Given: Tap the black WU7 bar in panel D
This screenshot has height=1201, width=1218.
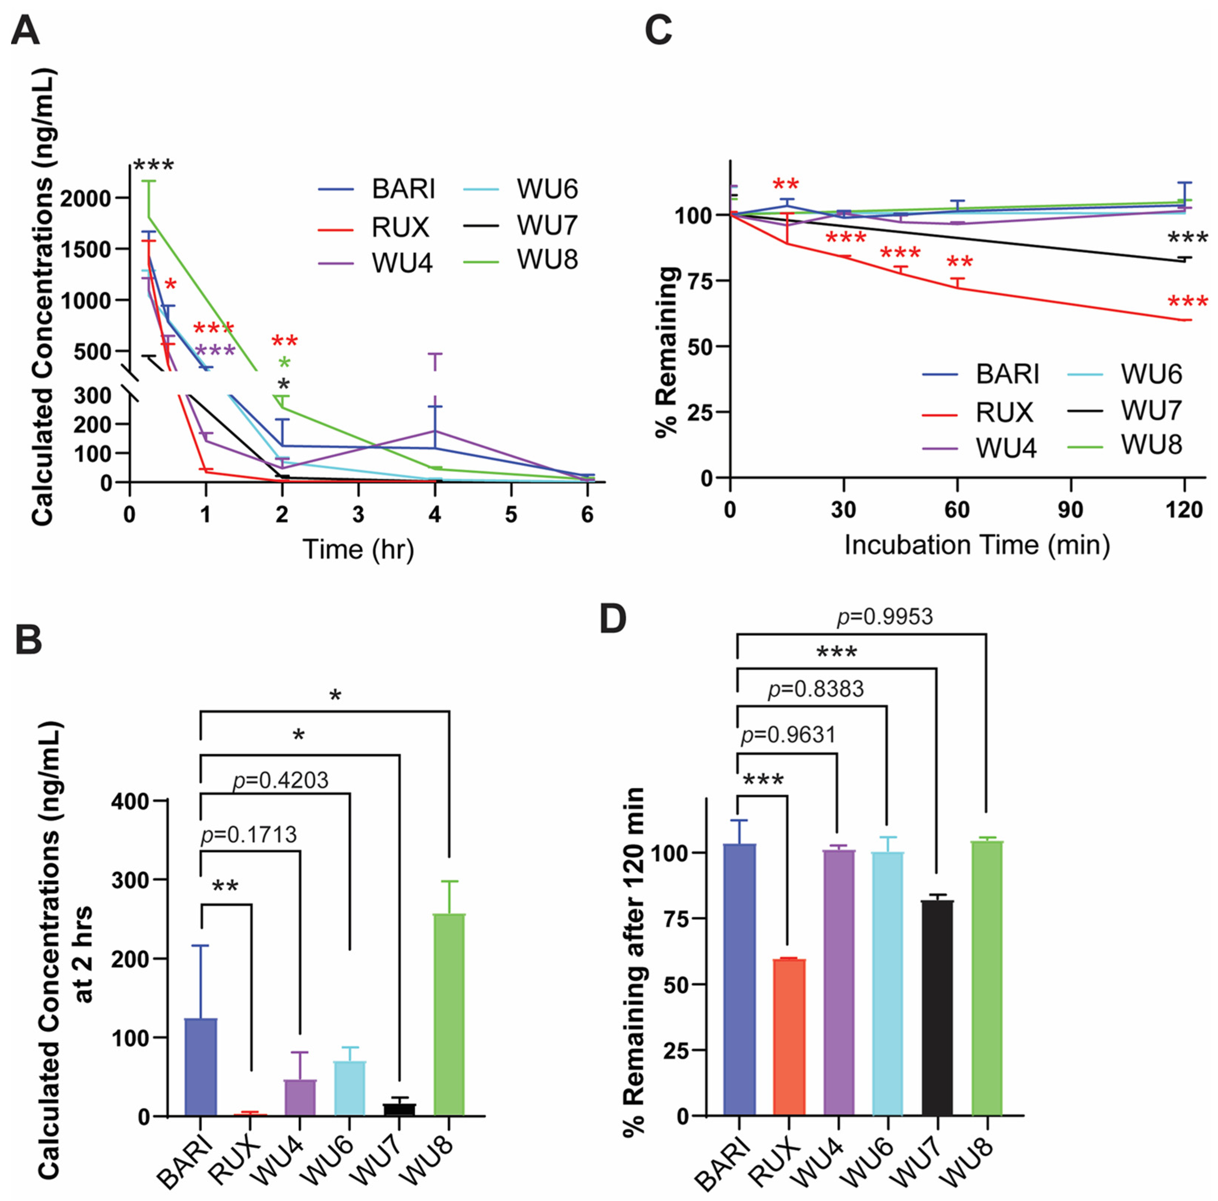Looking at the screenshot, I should point(937,1008).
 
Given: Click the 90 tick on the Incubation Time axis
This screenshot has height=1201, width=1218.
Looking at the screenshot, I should point(1070,509).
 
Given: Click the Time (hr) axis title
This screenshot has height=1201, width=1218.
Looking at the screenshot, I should point(358,549).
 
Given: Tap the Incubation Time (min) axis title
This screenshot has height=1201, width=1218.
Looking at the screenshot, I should point(977,544).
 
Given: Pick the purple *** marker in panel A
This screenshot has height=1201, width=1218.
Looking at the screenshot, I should point(215,351).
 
